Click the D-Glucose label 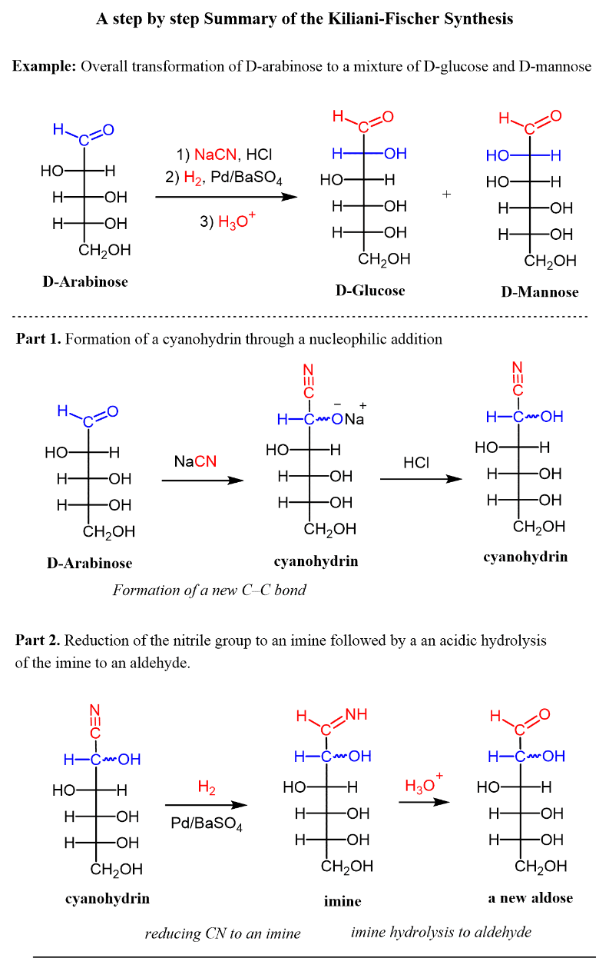(x=370, y=291)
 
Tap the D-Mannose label (x=540, y=291)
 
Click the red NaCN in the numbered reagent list (x=215, y=155)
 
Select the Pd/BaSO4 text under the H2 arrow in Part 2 (x=207, y=823)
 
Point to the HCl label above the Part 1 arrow (x=416, y=463)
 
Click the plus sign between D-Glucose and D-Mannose (x=447, y=194)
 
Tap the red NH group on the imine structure (x=356, y=714)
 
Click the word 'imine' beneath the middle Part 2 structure (x=343, y=901)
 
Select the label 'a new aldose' (x=531, y=897)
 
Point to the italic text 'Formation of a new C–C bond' (x=210, y=590)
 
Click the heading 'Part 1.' (x=38, y=338)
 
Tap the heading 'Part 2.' (x=38, y=640)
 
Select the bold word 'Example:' (x=44, y=66)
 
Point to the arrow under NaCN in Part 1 (x=203, y=480)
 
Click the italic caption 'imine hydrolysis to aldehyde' (x=441, y=932)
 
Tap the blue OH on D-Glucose (x=396, y=154)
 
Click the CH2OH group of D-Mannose (x=551, y=261)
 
